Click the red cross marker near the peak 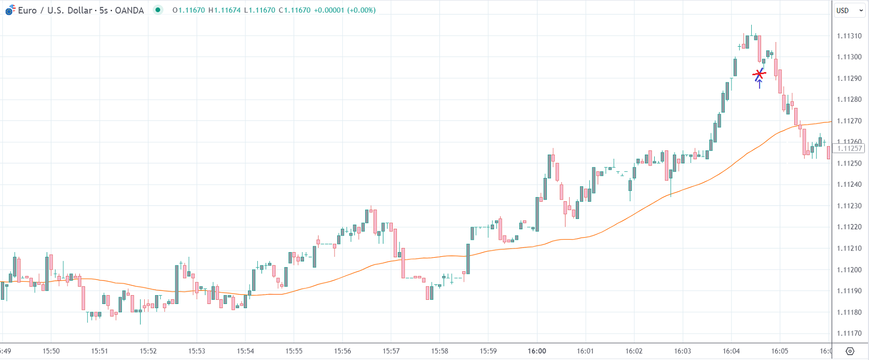point(759,75)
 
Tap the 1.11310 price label point(849,36)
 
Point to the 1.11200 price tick point(849,270)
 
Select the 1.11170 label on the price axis point(849,334)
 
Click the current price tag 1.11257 point(849,148)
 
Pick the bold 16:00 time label point(537,351)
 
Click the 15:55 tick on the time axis point(294,351)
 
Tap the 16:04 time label point(731,351)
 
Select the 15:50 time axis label point(51,351)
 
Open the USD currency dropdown point(849,10)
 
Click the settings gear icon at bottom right point(850,351)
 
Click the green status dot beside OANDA point(158,10)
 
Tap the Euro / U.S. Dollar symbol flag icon point(10,10)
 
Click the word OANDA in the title point(129,10)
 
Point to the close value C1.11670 point(294,10)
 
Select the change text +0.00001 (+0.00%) point(344,10)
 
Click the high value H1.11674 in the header point(224,10)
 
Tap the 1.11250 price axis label point(849,163)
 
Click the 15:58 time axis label point(439,351)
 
